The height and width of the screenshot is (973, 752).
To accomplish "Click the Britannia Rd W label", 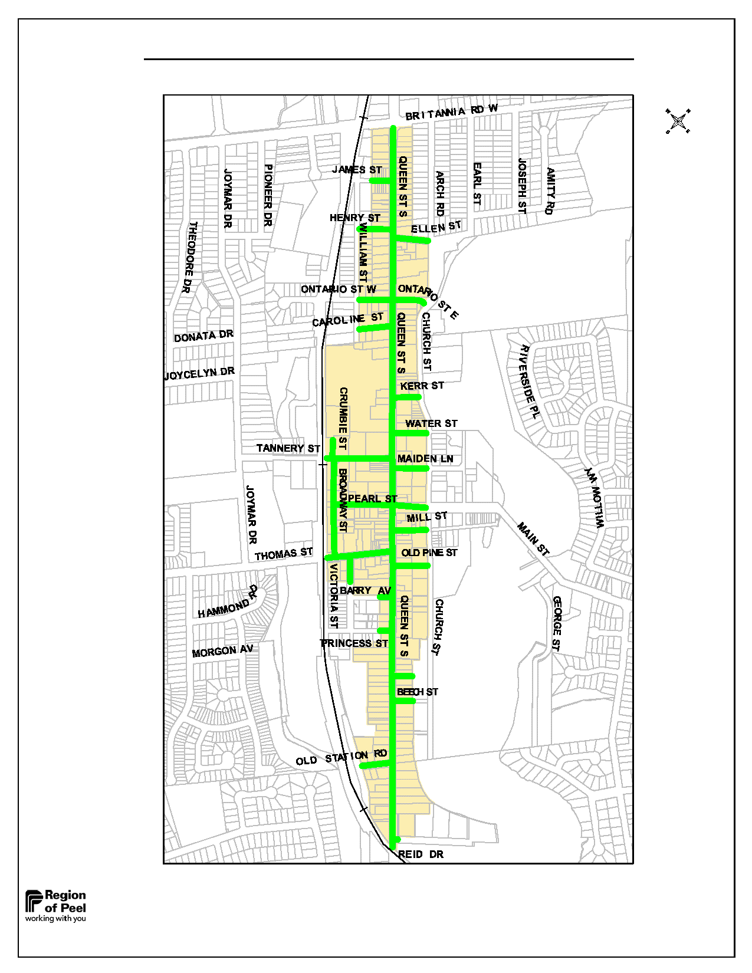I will coord(451,112).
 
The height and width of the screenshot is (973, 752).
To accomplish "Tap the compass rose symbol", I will coord(678,121).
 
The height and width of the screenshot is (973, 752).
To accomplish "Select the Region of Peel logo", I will coord(56,906).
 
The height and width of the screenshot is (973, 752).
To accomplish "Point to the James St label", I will coord(357,170).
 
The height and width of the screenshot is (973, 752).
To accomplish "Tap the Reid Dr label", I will coord(421,854).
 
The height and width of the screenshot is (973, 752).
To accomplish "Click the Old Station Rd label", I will coord(341,758).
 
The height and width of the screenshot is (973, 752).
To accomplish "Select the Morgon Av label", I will coord(222,651).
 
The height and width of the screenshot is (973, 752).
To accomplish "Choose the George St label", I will coord(557,623).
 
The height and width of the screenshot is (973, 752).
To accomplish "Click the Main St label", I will coord(533,539).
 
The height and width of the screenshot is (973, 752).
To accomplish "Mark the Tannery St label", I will coord(288,449).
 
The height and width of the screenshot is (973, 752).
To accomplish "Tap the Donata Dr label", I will coord(203,336).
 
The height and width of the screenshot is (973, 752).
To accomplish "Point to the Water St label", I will coord(431,423).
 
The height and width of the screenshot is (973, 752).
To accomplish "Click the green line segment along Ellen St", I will coord(413,239).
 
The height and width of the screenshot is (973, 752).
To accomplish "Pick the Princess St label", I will coord(354,643).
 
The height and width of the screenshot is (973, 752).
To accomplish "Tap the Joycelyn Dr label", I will coord(199,373).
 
